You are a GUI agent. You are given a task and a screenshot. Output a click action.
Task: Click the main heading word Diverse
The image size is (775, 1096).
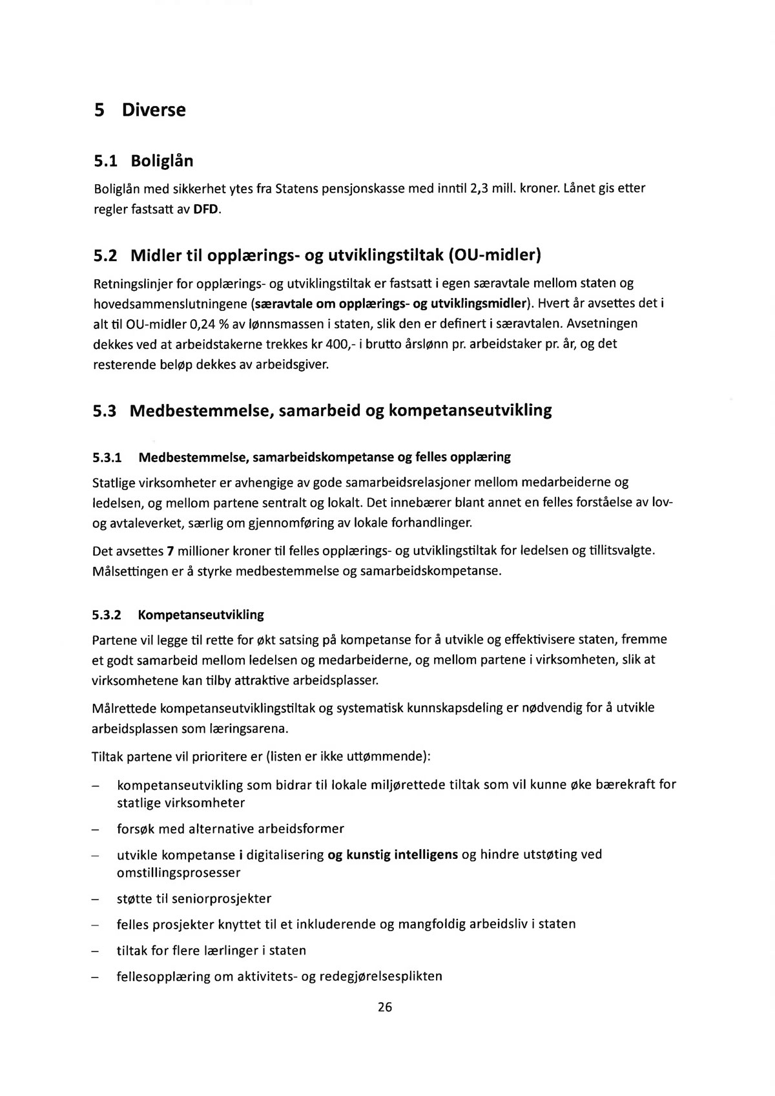pyautogui.click(x=154, y=110)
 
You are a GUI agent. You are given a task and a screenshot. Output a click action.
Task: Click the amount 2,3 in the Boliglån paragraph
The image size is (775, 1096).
pyautogui.click(x=479, y=189)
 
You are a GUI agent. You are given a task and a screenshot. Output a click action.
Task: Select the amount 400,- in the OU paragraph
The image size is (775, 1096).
pyautogui.click(x=338, y=344)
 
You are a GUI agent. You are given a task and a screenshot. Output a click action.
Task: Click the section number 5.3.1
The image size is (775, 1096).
pyautogui.click(x=107, y=458)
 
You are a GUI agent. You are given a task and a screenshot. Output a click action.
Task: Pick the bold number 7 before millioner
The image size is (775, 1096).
pyautogui.click(x=170, y=551)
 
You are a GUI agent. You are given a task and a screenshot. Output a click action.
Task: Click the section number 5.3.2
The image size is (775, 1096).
pyautogui.click(x=107, y=615)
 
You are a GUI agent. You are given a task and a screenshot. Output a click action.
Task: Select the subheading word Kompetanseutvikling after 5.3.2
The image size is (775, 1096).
pyautogui.click(x=201, y=615)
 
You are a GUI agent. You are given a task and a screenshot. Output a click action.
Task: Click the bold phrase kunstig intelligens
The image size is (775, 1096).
pyautogui.click(x=402, y=854)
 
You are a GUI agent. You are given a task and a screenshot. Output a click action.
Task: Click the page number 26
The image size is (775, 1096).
pyautogui.click(x=385, y=1007)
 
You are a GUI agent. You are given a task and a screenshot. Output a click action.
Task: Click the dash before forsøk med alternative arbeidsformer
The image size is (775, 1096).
pyautogui.click(x=95, y=829)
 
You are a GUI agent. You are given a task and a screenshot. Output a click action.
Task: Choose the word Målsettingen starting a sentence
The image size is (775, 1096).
pyautogui.click(x=130, y=572)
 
